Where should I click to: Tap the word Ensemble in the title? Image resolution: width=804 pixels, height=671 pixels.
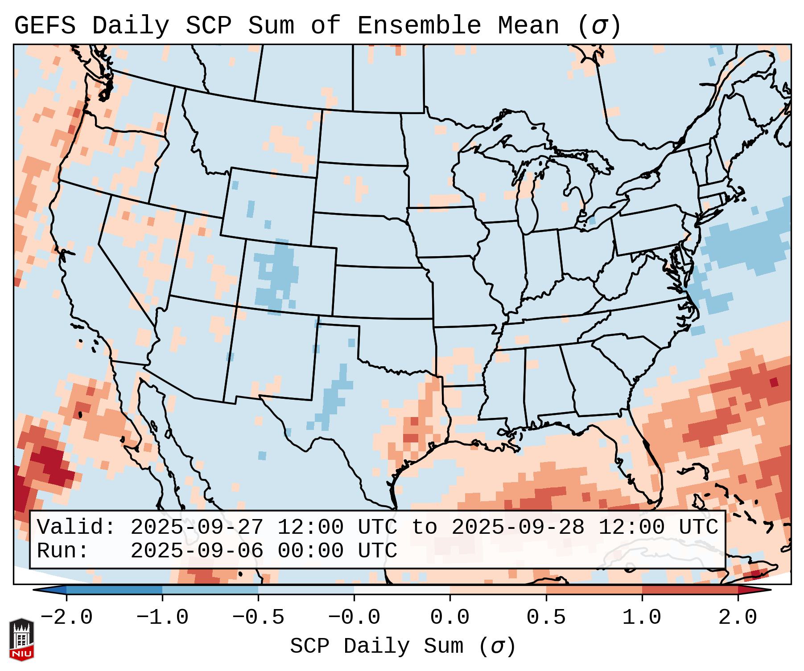pos(419,26)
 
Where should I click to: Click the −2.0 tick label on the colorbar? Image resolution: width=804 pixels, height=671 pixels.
pos(66,618)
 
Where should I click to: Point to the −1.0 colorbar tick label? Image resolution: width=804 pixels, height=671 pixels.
pos(162,618)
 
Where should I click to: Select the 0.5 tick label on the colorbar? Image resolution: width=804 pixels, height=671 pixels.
pos(546,618)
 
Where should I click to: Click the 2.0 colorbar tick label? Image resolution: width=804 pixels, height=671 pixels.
pos(738,618)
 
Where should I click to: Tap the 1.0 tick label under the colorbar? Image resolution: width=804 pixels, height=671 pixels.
pos(642,618)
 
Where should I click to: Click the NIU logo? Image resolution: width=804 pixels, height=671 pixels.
pos(21,639)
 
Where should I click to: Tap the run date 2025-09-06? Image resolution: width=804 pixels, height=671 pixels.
pos(197,551)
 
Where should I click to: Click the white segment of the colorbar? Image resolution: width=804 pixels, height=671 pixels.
pos(402,590)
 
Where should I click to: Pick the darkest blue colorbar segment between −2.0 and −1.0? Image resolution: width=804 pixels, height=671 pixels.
pos(114,590)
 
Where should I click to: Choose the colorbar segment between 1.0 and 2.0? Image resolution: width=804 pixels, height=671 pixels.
pos(689,590)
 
